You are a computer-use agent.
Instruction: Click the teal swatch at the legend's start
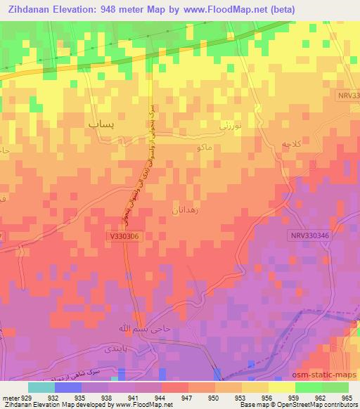(41, 387)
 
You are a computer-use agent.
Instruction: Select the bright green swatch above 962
(308, 387)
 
